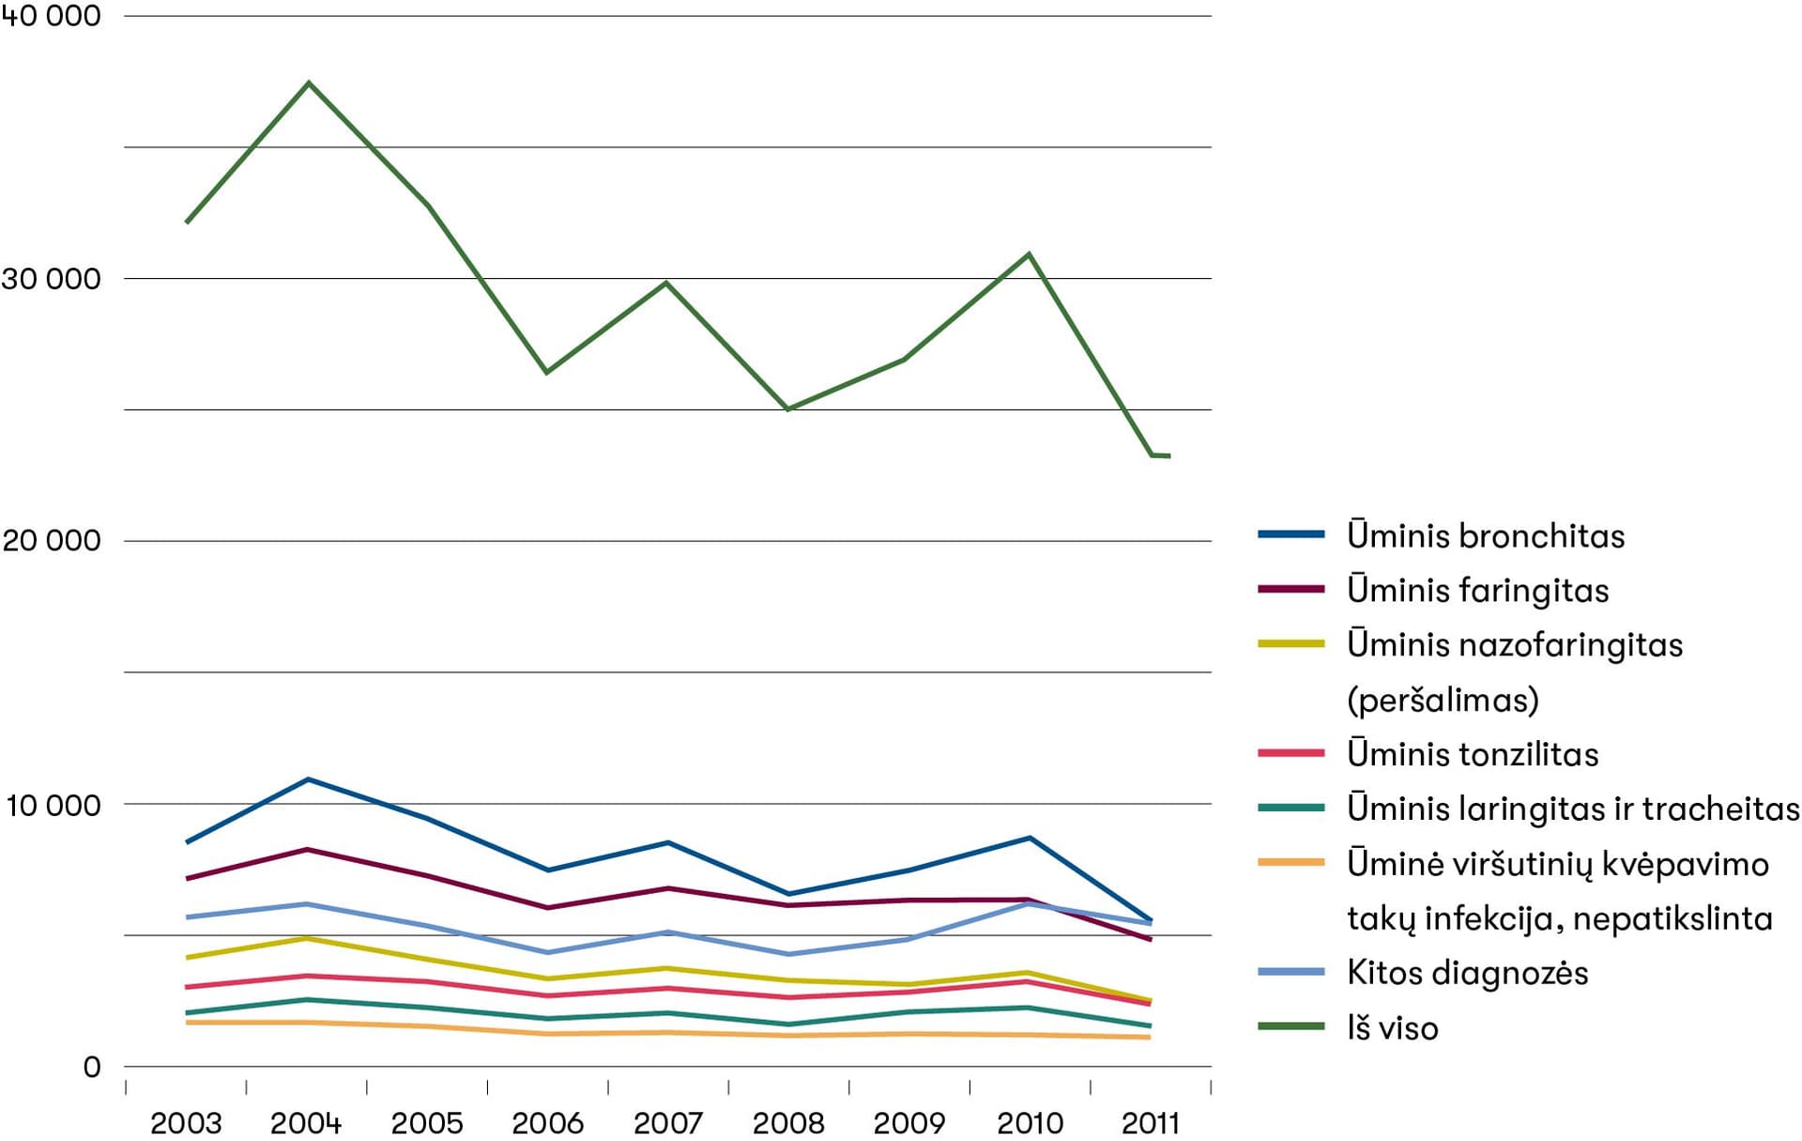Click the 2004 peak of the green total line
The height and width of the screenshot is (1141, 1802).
[309, 84]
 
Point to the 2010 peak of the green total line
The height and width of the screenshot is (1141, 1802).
[1030, 254]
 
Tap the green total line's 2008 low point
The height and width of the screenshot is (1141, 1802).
[788, 409]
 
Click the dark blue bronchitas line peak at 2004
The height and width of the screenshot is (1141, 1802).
[309, 779]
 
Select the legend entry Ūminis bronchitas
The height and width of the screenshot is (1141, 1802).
[1486, 536]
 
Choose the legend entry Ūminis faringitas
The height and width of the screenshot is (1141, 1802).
[1477, 591]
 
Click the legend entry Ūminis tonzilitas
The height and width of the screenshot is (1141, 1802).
[1473, 754]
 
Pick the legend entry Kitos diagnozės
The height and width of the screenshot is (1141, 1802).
[1467, 973]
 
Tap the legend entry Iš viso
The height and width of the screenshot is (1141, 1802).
[1392, 1028]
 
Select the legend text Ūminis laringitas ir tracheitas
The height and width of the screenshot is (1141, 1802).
[1573, 809]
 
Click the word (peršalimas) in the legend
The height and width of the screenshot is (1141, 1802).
[1443, 700]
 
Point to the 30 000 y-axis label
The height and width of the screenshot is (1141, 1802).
[51, 279]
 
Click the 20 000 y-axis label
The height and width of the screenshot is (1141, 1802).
[51, 541]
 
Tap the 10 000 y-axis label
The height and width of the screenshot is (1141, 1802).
[53, 805]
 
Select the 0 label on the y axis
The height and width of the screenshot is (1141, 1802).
[91, 1067]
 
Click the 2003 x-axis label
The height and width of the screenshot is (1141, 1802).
[186, 1123]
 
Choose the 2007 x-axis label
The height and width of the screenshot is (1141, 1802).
[668, 1123]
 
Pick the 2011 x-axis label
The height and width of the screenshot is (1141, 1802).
[1151, 1123]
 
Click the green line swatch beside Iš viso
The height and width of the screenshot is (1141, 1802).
[1290, 1026]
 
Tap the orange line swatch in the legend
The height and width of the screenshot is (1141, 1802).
[1290, 862]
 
